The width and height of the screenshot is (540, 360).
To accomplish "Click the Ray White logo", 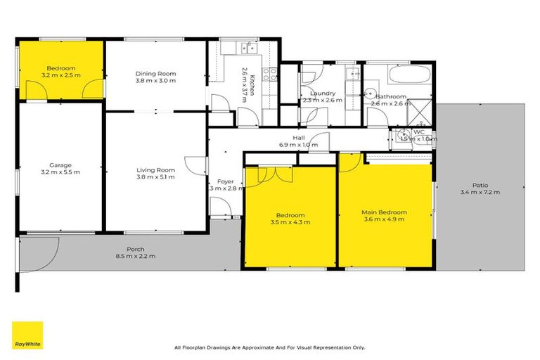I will point(27,335).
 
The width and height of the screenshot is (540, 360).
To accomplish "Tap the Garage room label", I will point(61,166).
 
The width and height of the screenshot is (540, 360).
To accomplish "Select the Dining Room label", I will point(155,74).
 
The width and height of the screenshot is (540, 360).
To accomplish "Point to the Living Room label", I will point(155,170).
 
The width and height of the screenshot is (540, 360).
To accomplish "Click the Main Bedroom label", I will point(384,212).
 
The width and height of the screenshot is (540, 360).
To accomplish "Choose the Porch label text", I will point(136,250).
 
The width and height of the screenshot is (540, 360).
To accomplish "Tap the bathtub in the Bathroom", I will point(402,75).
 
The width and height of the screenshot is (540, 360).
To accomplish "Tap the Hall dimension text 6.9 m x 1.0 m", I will point(298,146).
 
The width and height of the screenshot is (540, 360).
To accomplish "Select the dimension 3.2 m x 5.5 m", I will point(61,172).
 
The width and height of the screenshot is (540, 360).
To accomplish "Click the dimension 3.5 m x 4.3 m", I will point(290,221).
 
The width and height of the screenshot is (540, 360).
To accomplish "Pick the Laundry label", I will point(322,93).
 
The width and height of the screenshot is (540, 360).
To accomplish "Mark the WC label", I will point(418,131).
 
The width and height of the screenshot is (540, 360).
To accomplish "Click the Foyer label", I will point(225,181).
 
